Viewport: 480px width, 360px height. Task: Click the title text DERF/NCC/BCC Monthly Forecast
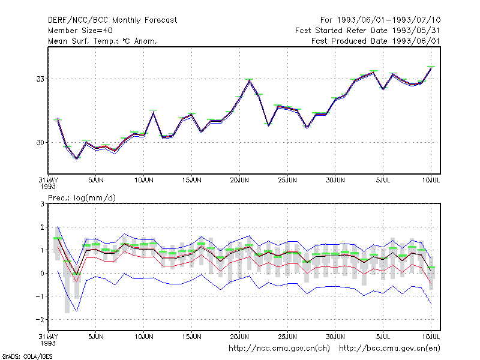[112, 20]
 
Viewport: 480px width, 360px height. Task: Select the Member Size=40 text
[80, 31]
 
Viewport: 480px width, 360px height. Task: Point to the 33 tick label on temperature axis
[40, 79]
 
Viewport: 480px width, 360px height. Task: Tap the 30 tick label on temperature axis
[40, 142]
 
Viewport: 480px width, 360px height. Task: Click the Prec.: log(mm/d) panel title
[82, 198]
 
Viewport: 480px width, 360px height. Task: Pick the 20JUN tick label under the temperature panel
[239, 180]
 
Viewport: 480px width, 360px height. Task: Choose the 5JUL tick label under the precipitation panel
[383, 337]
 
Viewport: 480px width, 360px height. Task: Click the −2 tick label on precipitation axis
[40, 320]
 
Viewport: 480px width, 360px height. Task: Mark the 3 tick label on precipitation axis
[42, 204]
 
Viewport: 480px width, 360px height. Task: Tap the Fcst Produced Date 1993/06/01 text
[376, 41]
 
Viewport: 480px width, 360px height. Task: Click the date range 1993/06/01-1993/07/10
[389, 20]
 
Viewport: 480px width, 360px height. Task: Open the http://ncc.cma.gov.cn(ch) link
[279, 349]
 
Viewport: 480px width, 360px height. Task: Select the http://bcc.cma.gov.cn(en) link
[389, 349]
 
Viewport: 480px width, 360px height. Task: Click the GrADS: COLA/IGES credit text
[28, 356]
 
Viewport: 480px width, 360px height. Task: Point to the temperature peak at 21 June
[249, 80]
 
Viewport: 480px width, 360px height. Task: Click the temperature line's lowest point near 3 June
[77, 158]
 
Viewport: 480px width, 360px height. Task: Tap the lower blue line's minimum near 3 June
[77, 311]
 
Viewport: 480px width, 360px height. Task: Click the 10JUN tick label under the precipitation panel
[144, 337]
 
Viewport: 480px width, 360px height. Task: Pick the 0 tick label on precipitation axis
[42, 274]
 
